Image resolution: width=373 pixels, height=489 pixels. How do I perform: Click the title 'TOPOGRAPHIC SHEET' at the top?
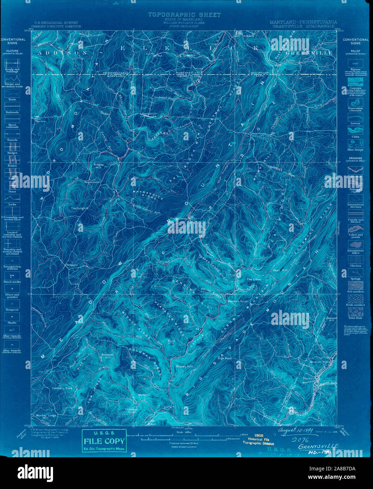[184, 15]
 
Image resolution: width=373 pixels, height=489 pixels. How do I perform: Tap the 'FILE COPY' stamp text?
[104, 441]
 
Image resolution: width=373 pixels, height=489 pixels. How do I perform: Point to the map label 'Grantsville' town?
[149, 114]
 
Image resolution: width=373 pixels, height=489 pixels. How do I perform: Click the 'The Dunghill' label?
[79, 208]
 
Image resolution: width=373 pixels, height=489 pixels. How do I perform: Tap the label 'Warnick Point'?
[237, 301]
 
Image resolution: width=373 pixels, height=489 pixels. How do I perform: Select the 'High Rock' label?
[224, 358]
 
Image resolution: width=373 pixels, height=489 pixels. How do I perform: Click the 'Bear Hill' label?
[280, 270]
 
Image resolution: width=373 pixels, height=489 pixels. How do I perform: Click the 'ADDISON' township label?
[56, 53]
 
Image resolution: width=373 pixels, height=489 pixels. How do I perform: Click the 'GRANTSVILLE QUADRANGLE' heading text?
[303, 26]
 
